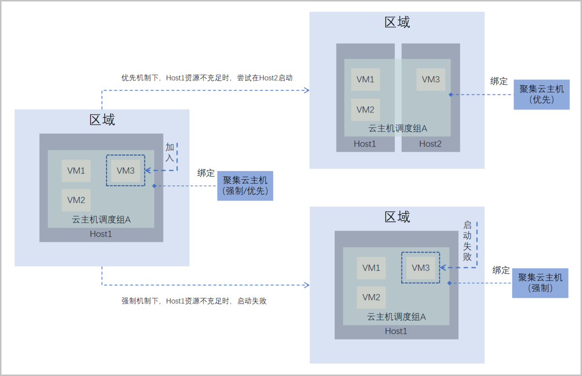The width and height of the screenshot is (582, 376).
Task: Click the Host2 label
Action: coord(430,143)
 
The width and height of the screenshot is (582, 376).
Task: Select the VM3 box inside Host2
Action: coord(431,79)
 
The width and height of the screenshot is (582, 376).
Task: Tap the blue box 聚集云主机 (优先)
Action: coord(541,94)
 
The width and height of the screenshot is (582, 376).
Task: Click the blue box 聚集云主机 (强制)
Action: coord(540,283)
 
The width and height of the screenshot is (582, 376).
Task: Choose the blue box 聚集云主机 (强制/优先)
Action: coord(245,186)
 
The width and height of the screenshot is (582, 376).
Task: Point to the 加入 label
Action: coord(170,153)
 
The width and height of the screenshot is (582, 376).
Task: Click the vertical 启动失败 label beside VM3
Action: coord(468,241)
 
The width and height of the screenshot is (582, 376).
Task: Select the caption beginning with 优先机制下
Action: coord(207,78)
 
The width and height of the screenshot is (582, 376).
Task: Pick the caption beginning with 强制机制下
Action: coord(194,301)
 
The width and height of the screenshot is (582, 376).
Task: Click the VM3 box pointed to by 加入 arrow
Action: coord(126,171)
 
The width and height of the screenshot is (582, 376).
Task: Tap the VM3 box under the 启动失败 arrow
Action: coord(420,267)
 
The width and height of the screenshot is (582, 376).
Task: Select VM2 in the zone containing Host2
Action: coord(365,110)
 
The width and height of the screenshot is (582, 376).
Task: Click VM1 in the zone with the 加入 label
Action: coord(76,171)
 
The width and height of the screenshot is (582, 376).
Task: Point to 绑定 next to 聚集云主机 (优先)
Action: coord(499,81)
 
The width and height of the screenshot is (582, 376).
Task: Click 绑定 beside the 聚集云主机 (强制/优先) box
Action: coord(206,172)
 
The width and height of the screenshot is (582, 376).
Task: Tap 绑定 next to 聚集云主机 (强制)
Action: coord(501,270)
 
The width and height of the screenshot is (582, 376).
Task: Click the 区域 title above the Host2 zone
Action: coord(397,22)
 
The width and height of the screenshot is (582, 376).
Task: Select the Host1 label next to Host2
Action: coord(365,143)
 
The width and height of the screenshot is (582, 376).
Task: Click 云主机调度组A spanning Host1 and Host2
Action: coord(397,128)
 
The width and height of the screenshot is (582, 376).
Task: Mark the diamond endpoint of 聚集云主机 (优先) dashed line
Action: coord(451,94)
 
